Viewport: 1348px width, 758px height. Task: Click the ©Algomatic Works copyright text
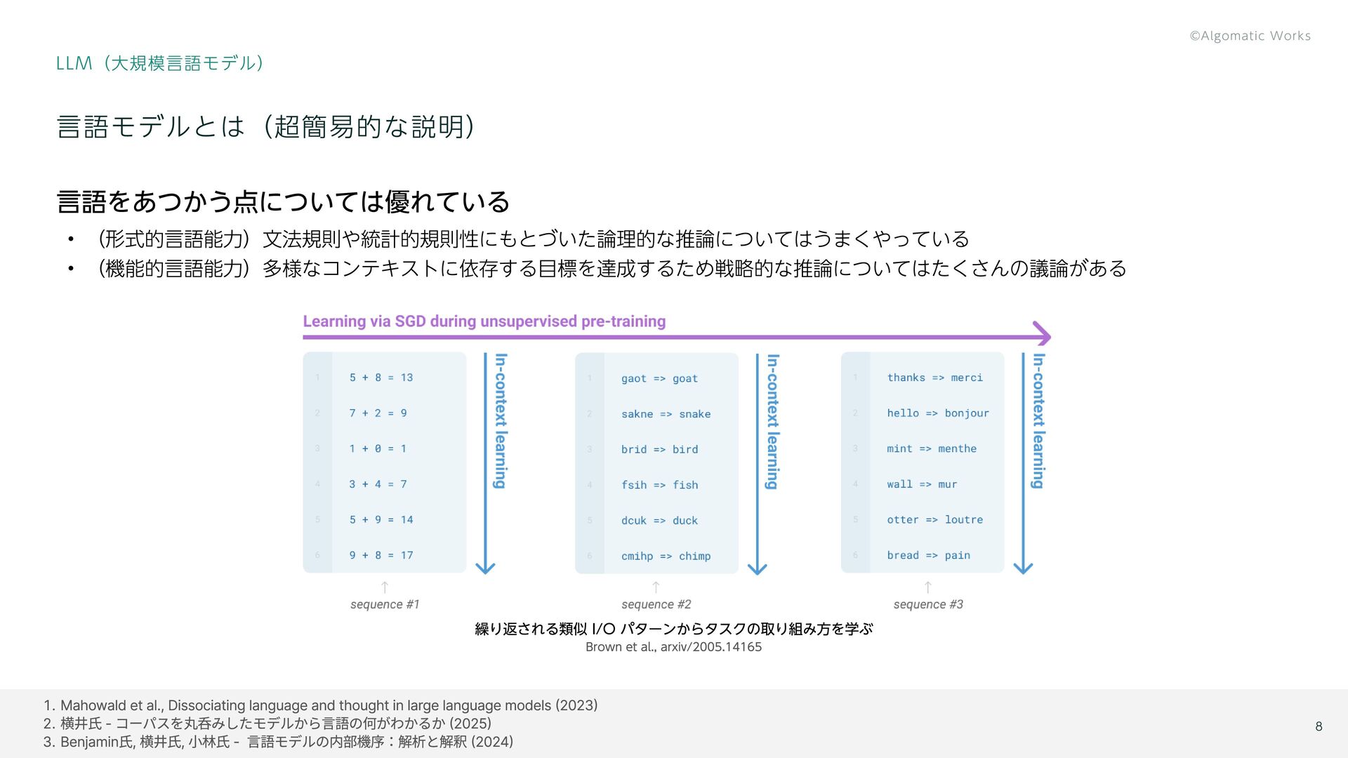pyautogui.click(x=1250, y=36)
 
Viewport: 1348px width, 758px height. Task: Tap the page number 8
pyautogui.click(x=1319, y=726)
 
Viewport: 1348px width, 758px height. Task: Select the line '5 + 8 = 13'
pyautogui.click(x=381, y=378)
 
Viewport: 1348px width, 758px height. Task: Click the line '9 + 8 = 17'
pyautogui.click(x=381, y=555)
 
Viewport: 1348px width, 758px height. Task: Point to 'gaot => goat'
pyautogui.click(x=659, y=379)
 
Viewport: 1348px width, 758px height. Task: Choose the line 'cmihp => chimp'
pyautogui.click(x=666, y=556)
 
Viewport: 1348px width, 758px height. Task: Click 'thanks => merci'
pyautogui.click(x=934, y=378)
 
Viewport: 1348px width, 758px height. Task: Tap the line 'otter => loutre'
pyautogui.click(x=934, y=520)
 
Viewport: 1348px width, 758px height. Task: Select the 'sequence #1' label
pyautogui.click(x=385, y=604)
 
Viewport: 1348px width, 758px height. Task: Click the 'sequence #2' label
pyautogui.click(x=656, y=604)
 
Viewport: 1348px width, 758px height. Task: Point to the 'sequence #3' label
pyautogui.click(x=928, y=604)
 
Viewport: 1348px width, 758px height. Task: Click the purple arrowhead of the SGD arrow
pyautogui.click(x=1043, y=335)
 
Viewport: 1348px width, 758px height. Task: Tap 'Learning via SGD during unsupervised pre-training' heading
pyautogui.click(x=484, y=321)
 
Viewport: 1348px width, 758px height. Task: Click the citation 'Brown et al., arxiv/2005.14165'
pyautogui.click(x=673, y=647)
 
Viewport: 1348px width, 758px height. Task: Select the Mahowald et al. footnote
pyautogui.click(x=320, y=705)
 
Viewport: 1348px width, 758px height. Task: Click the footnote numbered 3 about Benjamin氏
pyautogui.click(x=278, y=742)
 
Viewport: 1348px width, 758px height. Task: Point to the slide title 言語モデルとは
pyautogui.click(x=265, y=127)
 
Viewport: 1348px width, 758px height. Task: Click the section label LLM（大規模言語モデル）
pyautogui.click(x=159, y=63)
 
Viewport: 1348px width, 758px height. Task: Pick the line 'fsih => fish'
pyautogui.click(x=659, y=485)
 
